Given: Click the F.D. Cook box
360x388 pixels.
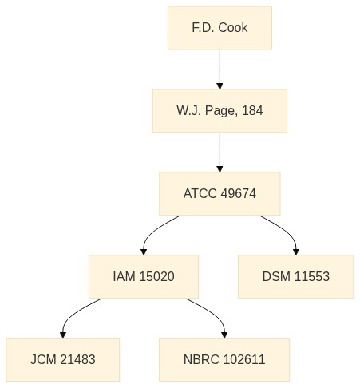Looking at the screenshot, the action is click(220, 28).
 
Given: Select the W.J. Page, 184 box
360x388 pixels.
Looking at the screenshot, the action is click(220, 111).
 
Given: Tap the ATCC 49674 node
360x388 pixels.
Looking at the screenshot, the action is click(220, 193).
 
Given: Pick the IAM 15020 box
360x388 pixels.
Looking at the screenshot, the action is click(144, 276).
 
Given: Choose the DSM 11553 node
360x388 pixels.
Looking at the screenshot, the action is click(296, 276).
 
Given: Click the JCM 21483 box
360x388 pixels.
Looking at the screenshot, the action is click(63, 359).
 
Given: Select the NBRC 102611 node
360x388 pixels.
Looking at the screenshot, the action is click(224, 359).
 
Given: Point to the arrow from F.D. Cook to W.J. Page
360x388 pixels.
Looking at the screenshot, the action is click(220, 69).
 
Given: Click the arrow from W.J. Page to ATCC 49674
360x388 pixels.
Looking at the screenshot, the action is click(220, 152).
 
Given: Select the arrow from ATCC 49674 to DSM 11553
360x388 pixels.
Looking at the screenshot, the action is click(287, 231).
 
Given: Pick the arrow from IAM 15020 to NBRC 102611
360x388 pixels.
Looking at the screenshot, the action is click(214, 314).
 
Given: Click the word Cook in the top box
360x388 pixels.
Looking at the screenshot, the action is click(233, 28).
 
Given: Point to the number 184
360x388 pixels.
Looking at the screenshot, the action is click(252, 110).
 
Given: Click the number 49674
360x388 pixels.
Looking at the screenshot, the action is click(239, 193).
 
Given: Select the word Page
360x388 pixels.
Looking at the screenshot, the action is click(220, 111).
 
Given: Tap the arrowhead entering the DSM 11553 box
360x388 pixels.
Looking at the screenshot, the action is click(296, 251).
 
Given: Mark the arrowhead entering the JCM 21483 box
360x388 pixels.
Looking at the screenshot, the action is click(63, 335).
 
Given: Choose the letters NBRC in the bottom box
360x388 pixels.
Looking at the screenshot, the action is click(202, 359).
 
